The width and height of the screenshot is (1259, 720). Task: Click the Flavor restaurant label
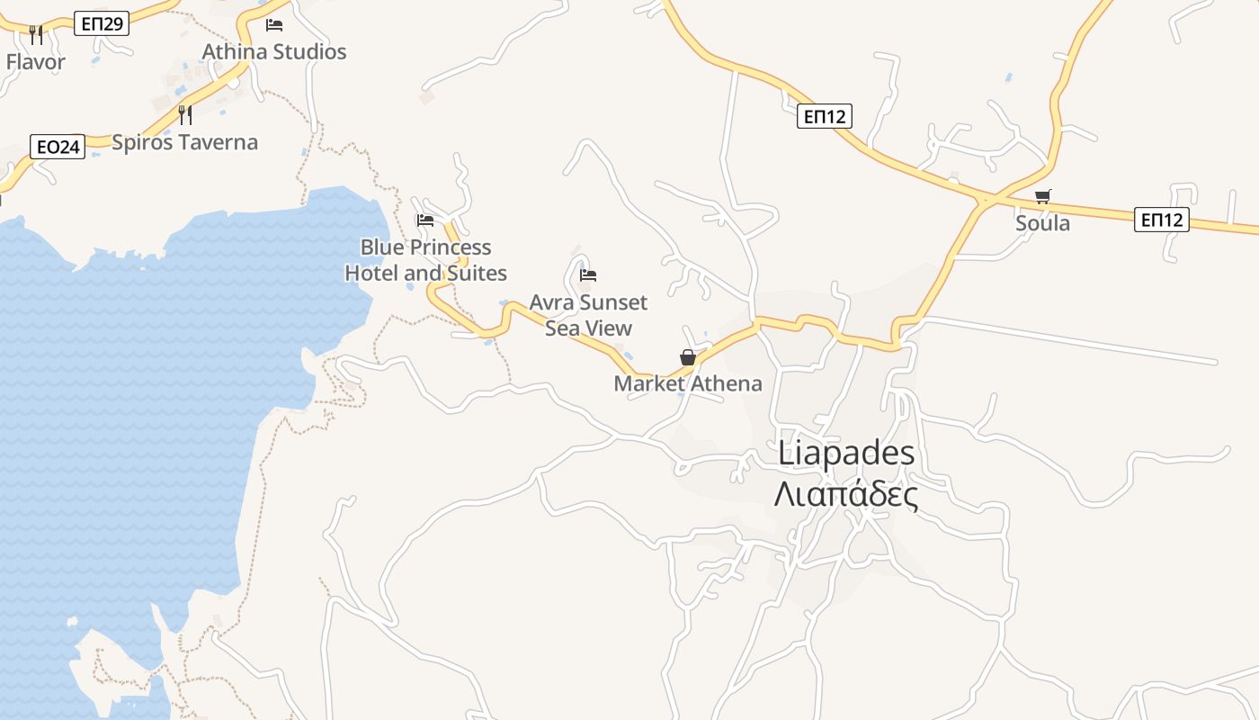[x=36, y=62]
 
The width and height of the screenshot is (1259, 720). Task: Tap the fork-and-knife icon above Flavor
[x=36, y=35]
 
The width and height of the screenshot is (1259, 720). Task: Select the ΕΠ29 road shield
[x=102, y=24]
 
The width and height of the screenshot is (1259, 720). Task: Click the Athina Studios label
[x=274, y=52]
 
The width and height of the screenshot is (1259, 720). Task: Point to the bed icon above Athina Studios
[x=274, y=24]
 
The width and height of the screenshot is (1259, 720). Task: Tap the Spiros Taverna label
[x=184, y=142]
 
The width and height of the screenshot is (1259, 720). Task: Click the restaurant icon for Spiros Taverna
[x=185, y=114]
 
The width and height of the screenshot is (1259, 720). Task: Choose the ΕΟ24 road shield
[x=58, y=147]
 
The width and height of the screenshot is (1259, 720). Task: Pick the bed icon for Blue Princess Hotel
[x=425, y=220]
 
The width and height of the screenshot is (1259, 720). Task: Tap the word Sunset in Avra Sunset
[x=613, y=302]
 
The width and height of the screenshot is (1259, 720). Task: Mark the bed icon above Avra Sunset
[x=588, y=275]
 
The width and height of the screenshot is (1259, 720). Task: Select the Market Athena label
[x=688, y=384]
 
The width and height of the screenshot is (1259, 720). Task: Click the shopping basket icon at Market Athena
[x=688, y=357]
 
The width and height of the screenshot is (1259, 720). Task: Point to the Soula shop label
[x=1042, y=223]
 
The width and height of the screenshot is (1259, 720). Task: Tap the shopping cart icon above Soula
[x=1042, y=196]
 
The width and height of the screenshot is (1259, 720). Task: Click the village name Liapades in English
[x=846, y=454]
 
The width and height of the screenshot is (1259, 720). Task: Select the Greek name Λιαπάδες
[x=846, y=494]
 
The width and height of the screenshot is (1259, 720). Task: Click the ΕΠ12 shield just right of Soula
[x=1161, y=220]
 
